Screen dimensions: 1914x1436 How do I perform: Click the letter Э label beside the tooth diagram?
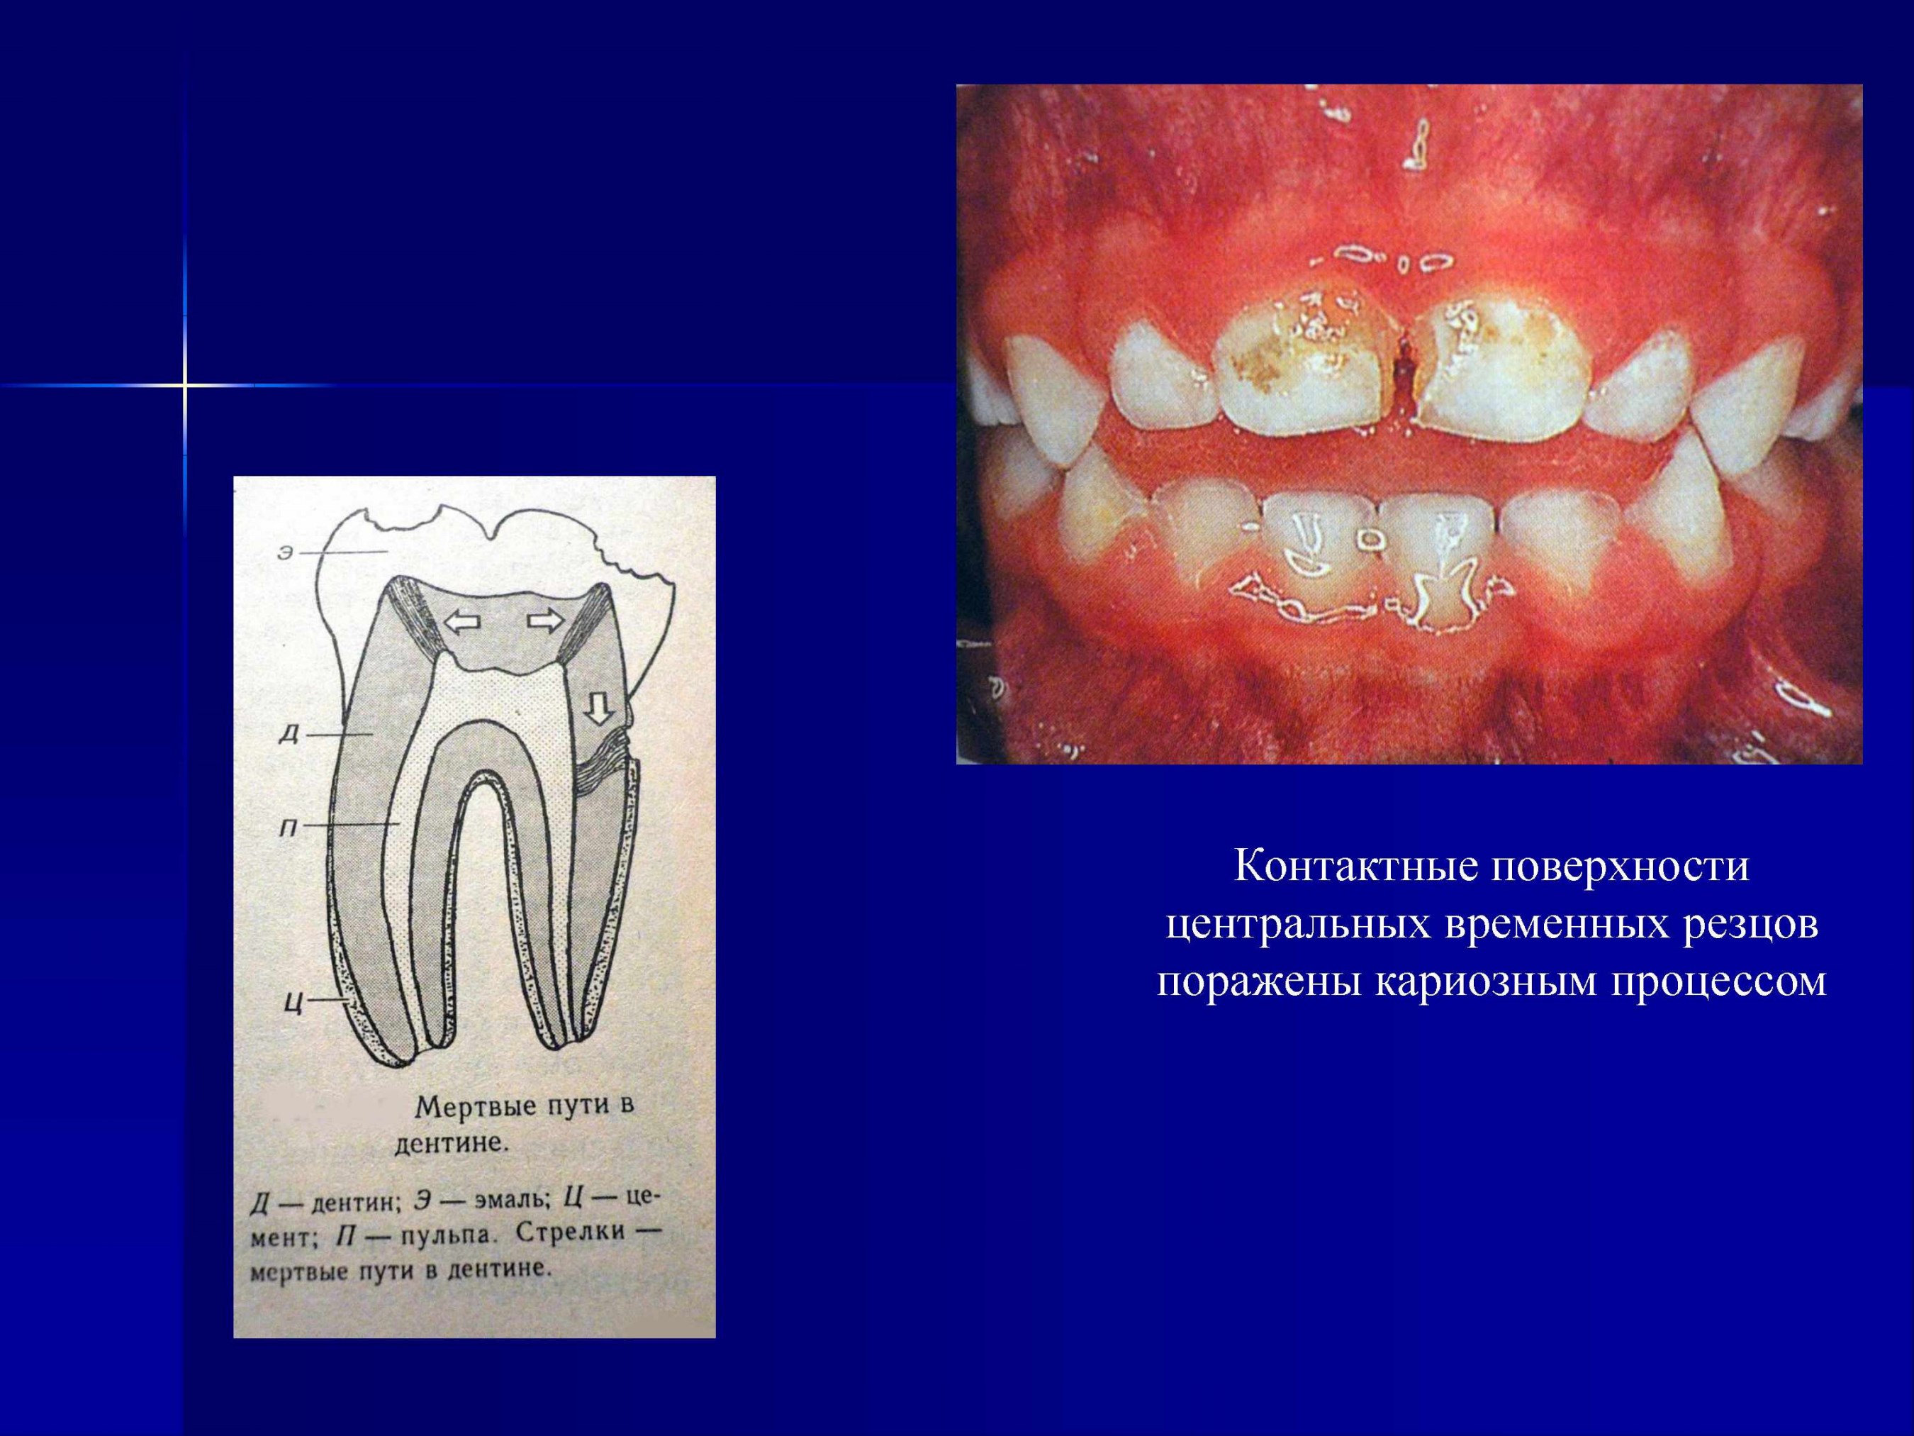286,552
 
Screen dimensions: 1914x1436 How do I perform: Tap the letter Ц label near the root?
293,1003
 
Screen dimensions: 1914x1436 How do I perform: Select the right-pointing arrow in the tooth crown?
545,620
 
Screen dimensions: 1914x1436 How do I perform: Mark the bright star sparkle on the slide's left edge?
184,384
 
